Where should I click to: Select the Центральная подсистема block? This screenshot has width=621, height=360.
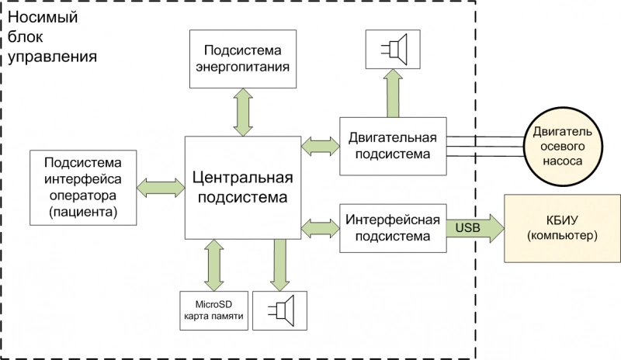[242, 187]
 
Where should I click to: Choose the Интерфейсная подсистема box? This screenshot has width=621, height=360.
[393, 226]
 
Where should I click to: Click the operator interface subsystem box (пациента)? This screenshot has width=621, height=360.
[82, 187]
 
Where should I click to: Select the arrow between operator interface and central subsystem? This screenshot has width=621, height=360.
[161, 187]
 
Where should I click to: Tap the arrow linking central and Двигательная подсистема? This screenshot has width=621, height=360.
[320, 144]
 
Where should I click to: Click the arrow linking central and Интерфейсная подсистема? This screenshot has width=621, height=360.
[320, 226]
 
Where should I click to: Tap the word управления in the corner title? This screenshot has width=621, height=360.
[58, 56]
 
